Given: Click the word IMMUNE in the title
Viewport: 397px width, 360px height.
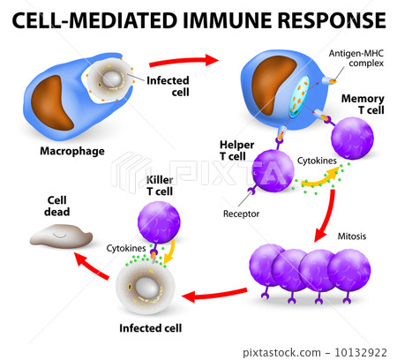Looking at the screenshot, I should coord(227,19).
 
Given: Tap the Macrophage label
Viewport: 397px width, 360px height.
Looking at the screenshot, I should coord(72,151).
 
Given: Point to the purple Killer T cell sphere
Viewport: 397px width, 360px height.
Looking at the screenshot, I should coord(160,221).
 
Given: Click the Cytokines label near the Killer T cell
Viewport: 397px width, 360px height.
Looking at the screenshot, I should coord(127,250).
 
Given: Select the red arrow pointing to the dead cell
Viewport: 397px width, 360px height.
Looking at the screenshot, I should coord(87,260).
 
